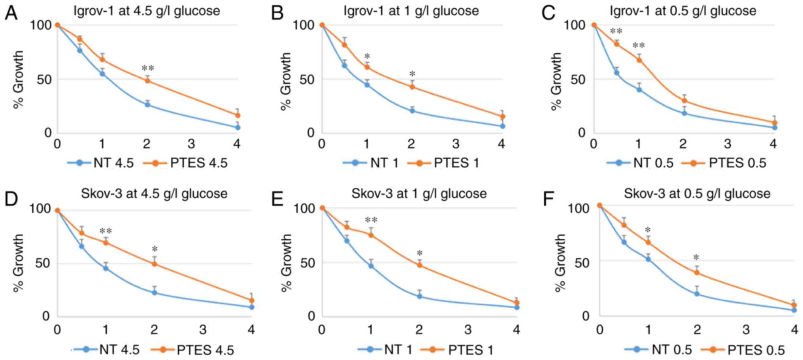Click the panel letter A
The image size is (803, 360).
(11, 13)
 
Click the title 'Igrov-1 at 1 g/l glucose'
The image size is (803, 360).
(411, 10)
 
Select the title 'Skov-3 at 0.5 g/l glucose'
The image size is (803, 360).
(697, 194)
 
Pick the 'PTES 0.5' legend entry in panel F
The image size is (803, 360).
(743, 350)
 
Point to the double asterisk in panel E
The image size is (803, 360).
(371, 220)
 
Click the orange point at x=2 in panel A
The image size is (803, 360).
(147, 81)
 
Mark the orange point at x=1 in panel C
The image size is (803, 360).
(639, 60)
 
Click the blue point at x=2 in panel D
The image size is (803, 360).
(154, 292)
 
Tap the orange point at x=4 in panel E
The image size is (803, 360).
(516, 303)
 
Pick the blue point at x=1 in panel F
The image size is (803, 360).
(648, 259)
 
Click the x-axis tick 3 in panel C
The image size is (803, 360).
(728, 144)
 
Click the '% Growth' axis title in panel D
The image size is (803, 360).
(18, 262)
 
